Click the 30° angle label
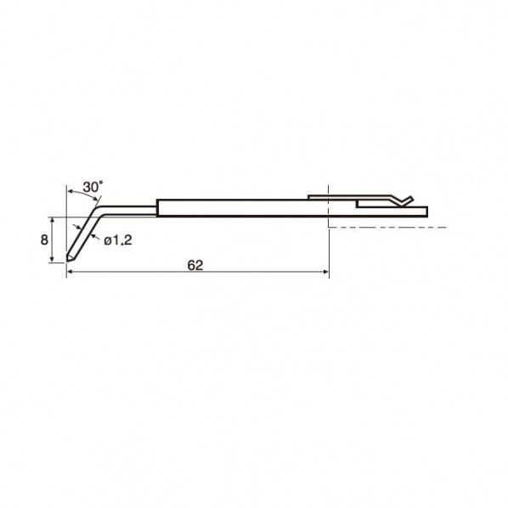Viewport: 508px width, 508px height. coord(93,187)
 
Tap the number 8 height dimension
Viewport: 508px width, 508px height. coord(44,240)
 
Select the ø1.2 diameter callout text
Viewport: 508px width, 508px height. coord(118,240)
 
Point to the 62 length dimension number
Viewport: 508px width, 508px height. coord(195,265)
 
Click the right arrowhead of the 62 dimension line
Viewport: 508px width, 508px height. coord(325,272)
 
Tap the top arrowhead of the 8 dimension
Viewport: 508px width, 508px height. coord(52,221)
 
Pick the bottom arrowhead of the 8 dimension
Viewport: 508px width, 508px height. coord(52,259)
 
